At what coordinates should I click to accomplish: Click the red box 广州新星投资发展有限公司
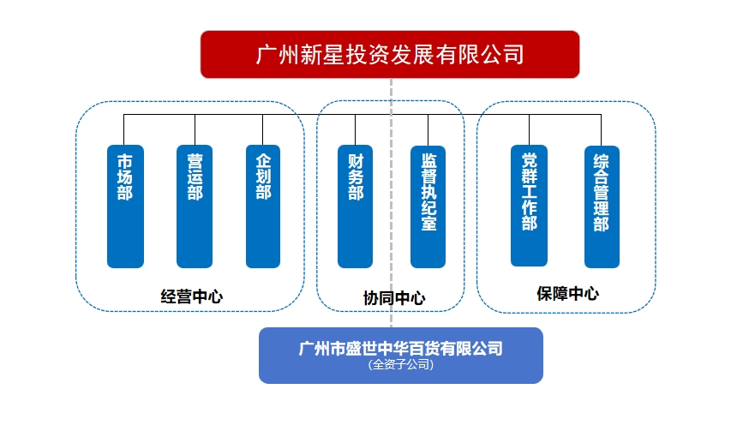390,55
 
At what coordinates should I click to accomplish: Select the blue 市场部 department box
125,207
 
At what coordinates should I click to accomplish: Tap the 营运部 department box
195,207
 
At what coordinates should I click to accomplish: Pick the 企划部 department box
263,207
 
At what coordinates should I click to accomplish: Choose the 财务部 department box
356,207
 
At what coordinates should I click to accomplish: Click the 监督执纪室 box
428,207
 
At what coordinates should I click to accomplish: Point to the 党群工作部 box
529,206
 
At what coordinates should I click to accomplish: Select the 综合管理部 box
602,207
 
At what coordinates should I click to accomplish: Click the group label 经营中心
192,296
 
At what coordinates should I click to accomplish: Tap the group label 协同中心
393,298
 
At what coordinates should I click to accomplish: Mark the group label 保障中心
567,294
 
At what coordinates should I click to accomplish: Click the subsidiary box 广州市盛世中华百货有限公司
401,355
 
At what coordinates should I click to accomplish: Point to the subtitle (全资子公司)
401,364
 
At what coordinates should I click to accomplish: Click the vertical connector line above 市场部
125,129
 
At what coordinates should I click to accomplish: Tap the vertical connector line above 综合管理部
602,129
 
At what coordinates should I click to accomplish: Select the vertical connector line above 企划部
263,129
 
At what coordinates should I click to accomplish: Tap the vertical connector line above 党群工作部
529,129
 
